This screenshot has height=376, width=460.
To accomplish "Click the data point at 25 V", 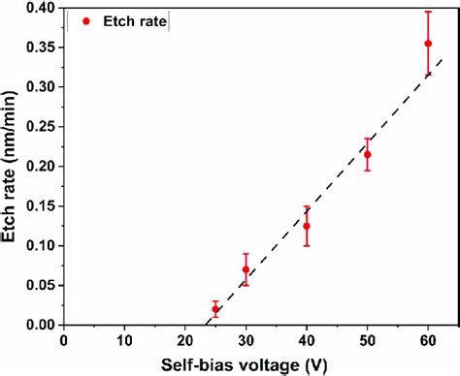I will tap(215, 309).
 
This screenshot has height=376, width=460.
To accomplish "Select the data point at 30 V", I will tap(246, 269).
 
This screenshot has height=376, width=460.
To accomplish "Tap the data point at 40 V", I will tap(307, 226).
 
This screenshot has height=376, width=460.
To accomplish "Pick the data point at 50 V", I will tap(367, 154).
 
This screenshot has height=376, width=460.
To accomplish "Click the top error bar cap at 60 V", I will tap(428, 12).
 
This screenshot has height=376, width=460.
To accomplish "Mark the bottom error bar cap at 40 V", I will tap(307, 245).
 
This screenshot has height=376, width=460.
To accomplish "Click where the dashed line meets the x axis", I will tap(206, 325).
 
